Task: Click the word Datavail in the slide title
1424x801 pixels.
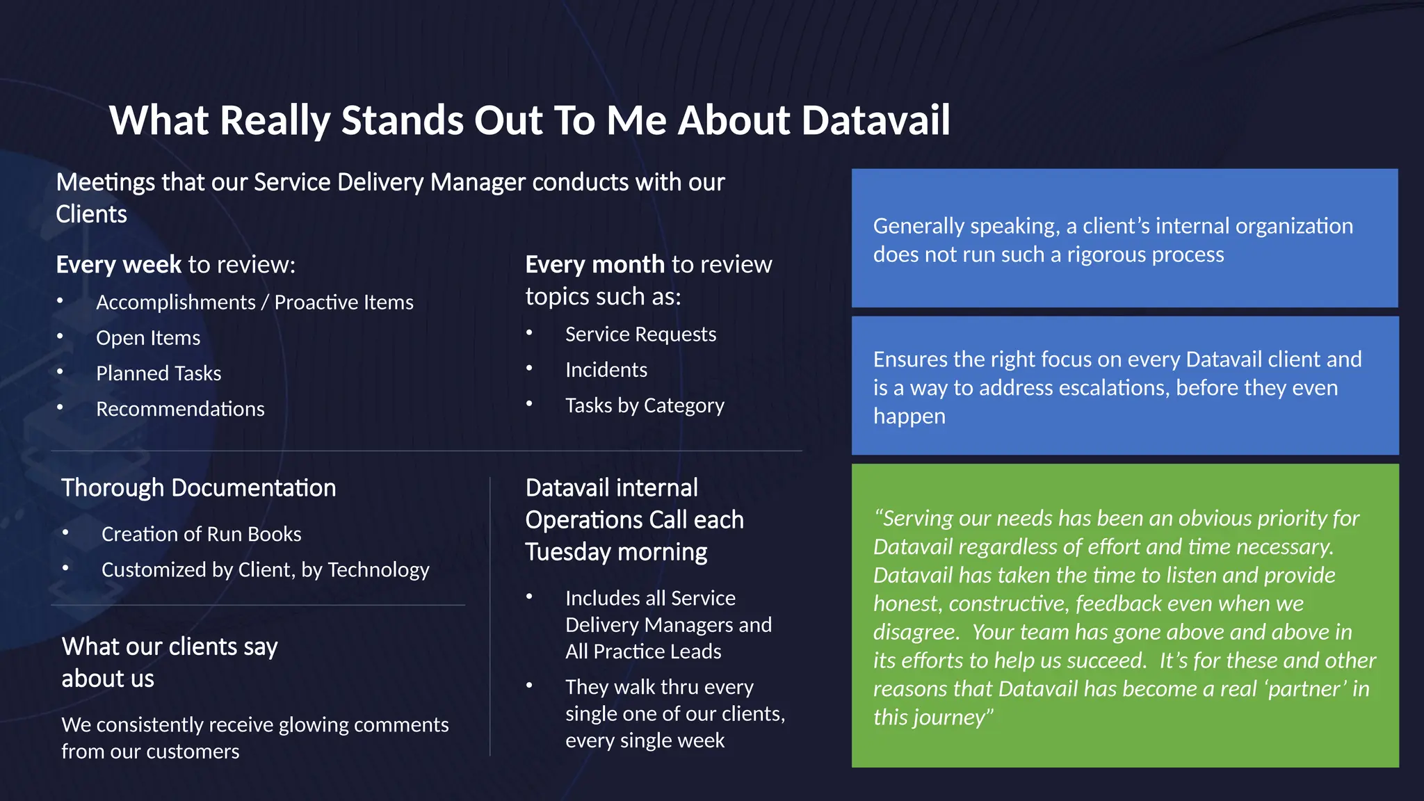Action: (x=875, y=120)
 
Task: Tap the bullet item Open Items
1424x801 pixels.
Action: (x=148, y=338)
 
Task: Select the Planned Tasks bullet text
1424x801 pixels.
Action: (x=159, y=373)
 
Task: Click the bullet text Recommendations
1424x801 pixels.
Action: (x=180, y=409)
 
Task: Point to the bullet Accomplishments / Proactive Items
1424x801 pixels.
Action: (x=254, y=302)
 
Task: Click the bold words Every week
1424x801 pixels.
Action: (x=118, y=264)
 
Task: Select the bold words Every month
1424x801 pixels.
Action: (x=594, y=264)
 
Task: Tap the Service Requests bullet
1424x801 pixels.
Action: (x=640, y=334)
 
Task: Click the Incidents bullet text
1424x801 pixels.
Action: (x=606, y=370)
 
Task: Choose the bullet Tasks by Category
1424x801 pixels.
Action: (x=645, y=405)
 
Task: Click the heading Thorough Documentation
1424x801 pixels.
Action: (x=198, y=487)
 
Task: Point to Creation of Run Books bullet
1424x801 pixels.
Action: (x=201, y=534)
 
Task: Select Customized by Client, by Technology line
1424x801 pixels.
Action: (x=265, y=569)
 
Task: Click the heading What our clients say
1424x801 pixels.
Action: (x=170, y=647)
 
